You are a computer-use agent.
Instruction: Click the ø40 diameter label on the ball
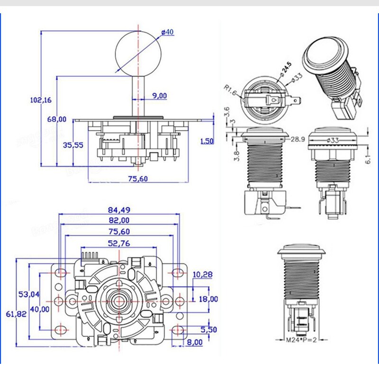pyautogui.click(x=168, y=32)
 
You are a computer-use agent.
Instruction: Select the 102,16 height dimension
pyautogui.click(x=40, y=100)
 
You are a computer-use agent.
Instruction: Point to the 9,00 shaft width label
pyautogui.click(x=159, y=96)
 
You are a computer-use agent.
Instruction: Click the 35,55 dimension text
pyautogui.click(x=73, y=145)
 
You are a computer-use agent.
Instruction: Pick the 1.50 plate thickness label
pyautogui.click(x=207, y=141)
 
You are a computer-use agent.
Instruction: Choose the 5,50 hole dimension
pyautogui.click(x=208, y=329)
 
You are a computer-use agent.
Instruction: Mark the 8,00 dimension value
pyautogui.click(x=194, y=342)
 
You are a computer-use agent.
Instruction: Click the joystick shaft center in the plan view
pyautogui.click(x=117, y=300)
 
